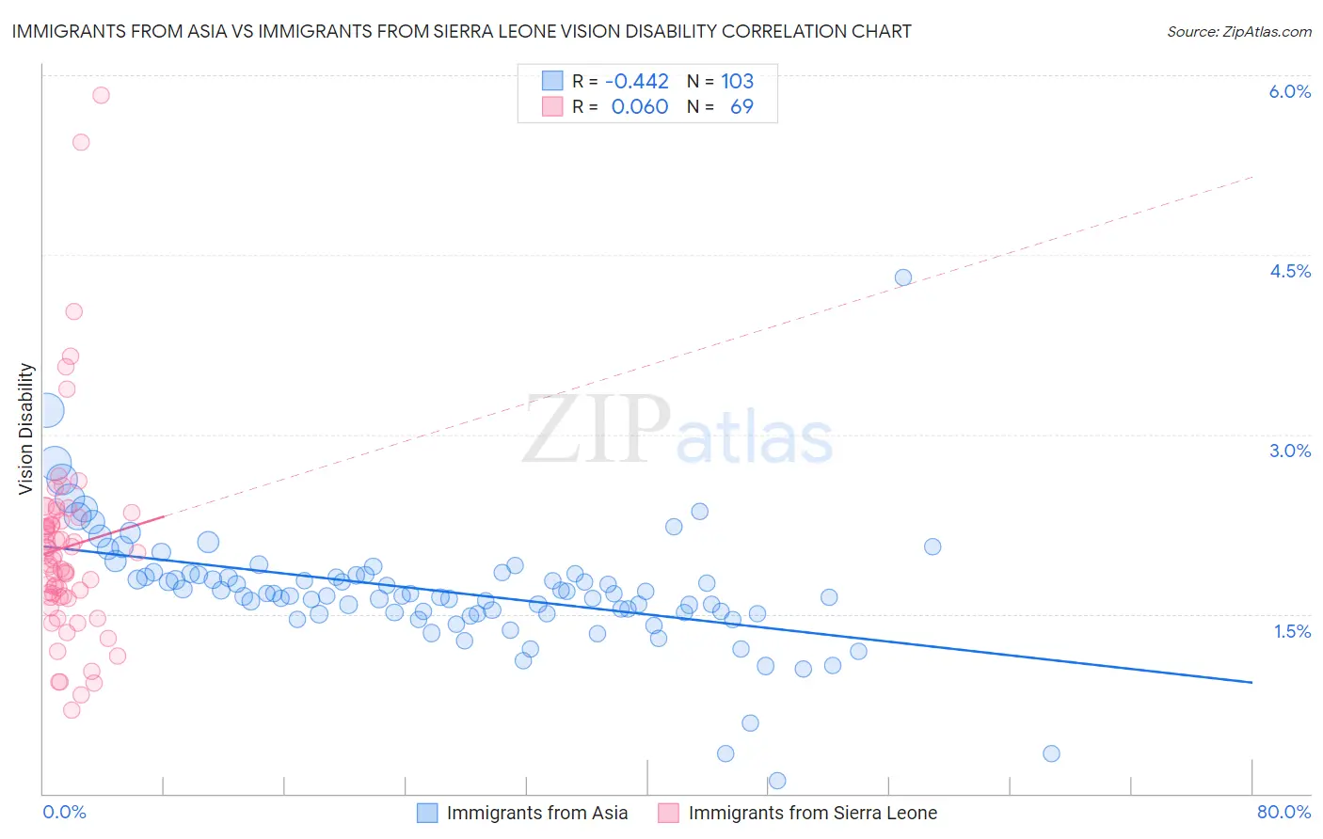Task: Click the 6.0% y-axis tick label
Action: click(x=1289, y=91)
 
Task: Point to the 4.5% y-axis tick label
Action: click(x=1289, y=271)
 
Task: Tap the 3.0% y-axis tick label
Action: click(x=1289, y=451)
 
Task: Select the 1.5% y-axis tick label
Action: click(x=1292, y=631)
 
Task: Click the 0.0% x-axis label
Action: click(x=64, y=812)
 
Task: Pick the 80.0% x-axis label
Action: click(x=1283, y=812)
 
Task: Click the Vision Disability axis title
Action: click(x=26, y=428)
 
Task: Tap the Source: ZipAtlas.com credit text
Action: click(x=1238, y=31)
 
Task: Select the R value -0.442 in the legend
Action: click(x=637, y=81)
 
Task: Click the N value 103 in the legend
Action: click(x=738, y=81)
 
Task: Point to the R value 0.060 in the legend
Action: click(x=640, y=106)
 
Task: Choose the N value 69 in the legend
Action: click(x=741, y=106)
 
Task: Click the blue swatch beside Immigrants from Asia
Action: click(x=427, y=813)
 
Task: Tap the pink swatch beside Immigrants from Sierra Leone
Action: click(x=669, y=813)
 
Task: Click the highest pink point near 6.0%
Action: click(x=101, y=95)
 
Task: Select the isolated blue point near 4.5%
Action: click(x=903, y=277)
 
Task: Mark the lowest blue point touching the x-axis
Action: click(x=777, y=781)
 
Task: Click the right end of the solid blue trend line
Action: click(x=1251, y=682)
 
